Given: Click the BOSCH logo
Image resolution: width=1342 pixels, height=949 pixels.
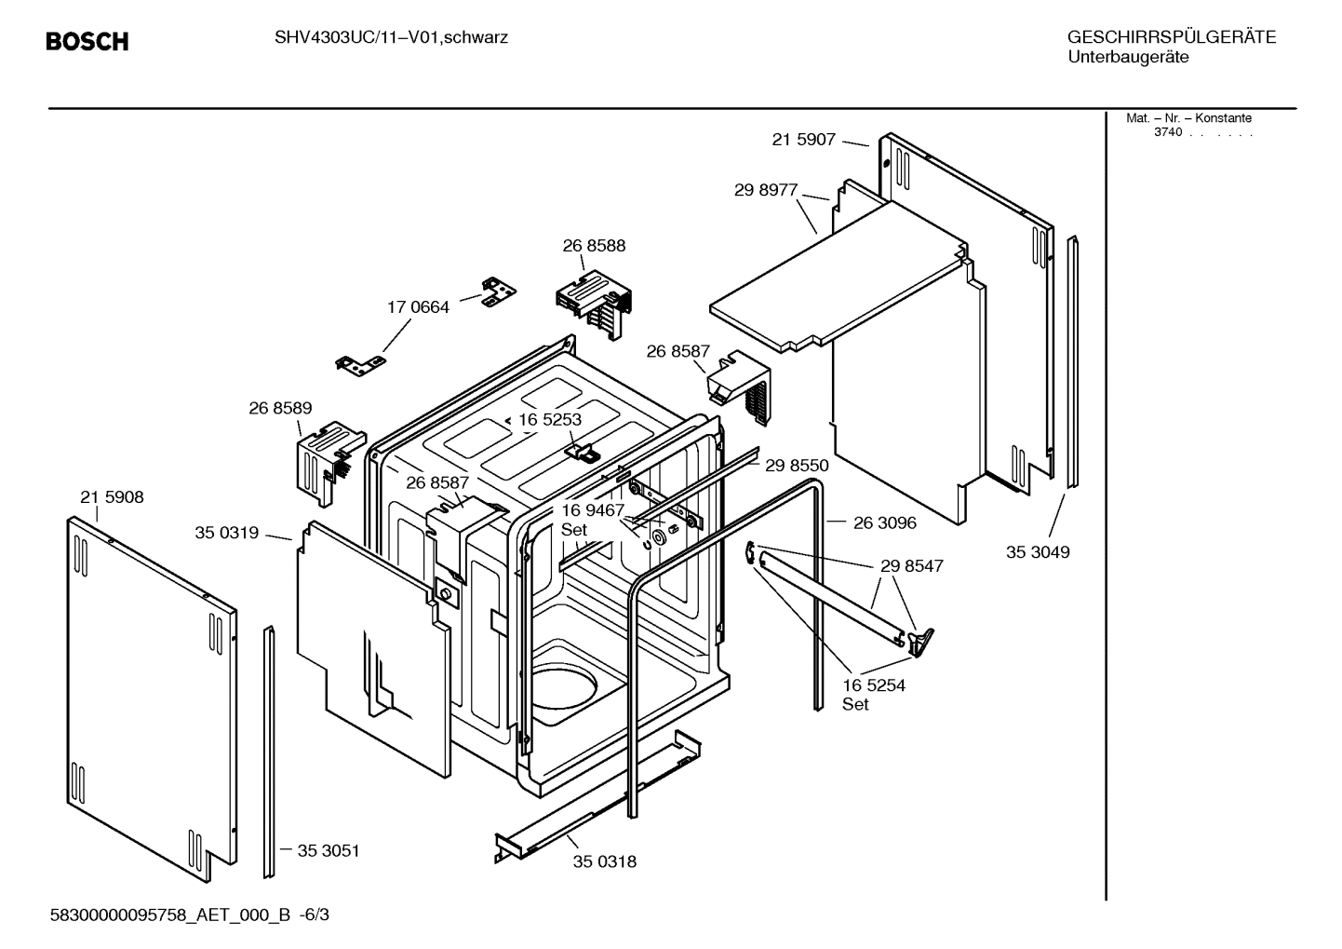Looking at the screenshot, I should [x=87, y=42].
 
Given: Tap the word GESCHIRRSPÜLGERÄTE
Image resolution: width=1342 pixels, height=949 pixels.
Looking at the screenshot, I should [x=1171, y=38].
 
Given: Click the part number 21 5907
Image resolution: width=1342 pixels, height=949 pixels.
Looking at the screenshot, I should [x=803, y=140].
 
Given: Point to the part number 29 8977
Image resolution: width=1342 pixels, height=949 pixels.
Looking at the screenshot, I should [x=765, y=190].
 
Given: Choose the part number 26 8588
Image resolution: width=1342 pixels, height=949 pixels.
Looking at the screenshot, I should [x=594, y=246].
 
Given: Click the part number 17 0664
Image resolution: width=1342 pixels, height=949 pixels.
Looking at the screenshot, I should [x=418, y=307].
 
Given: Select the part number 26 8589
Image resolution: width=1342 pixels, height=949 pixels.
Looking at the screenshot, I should [x=280, y=408].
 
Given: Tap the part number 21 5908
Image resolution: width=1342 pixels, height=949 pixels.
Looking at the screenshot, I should [x=112, y=497].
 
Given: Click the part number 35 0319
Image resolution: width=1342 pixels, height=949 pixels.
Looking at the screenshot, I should [x=226, y=533].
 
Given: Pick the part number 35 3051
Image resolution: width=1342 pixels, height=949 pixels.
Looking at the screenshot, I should [x=328, y=850].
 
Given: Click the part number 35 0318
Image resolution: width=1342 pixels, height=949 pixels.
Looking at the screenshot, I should [x=605, y=861].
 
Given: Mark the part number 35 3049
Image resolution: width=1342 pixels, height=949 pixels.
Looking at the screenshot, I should [x=1038, y=552].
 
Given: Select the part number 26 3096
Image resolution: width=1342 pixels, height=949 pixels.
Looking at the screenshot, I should [x=884, y=523].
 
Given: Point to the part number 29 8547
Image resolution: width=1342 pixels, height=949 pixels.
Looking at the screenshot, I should [x=911, y=566].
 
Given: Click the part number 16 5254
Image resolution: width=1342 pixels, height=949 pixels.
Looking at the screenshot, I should [x=873, y=685].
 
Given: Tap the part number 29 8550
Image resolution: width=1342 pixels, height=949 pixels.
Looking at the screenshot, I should [x=797, y=465].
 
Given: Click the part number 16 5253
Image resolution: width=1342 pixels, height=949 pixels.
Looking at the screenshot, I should [x=550, y=420].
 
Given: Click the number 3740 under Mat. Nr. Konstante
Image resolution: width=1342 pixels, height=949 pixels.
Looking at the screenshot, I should [x=1167, y=132].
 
